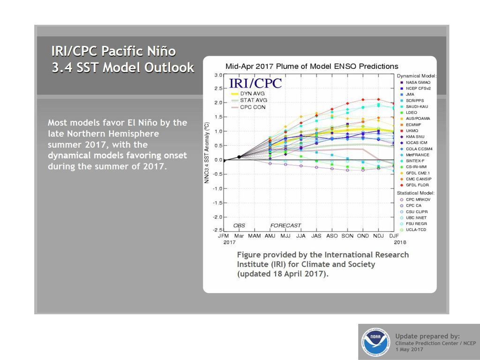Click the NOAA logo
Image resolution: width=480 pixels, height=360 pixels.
pyautogui.click(x=375, y=342)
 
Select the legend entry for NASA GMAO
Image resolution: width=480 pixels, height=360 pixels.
pyautogui.click(x=415, y=82)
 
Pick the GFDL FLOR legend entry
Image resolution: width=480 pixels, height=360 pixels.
pyautogui.click(x=414, y=185)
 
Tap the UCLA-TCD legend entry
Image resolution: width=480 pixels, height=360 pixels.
pyautogui.click(x=413, y=230)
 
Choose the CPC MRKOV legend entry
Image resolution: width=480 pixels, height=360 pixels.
pyautogui.click(x=415, y=199)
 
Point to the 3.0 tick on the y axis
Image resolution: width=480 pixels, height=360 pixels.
pyautogui.click(x=218, y=75)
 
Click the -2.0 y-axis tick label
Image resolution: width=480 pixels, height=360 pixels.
pyautogui.click(x=217, y=217)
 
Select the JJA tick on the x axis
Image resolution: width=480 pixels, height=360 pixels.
pyautogui.click(x=300, y=236)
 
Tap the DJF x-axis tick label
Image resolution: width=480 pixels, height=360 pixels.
pyautogui.click(x=394, y=236)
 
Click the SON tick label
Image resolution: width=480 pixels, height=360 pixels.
pyautogui.click(x=347, y=236)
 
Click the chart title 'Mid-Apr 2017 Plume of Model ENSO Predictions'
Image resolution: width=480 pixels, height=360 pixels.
pyautogui.click(x=312, y=67)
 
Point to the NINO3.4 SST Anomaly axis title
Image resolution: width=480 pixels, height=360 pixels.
pyautogui.click(x=207, y=153)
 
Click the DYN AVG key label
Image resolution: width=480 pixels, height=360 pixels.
pyautogui.click(x=252, y=93)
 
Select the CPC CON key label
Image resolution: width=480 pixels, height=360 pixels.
pyautogui.click(x=253, y=107)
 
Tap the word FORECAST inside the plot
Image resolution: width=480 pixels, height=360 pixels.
pyautogui.click(x=285, y=225)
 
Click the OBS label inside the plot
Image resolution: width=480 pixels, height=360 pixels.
pyautogui.click(x=239, y=225)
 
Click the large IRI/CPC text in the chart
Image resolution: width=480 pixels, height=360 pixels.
pyautogui.click(x=255, y=83)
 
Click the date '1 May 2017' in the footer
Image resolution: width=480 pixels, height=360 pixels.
pyautogui.click(x=409, y=349)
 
